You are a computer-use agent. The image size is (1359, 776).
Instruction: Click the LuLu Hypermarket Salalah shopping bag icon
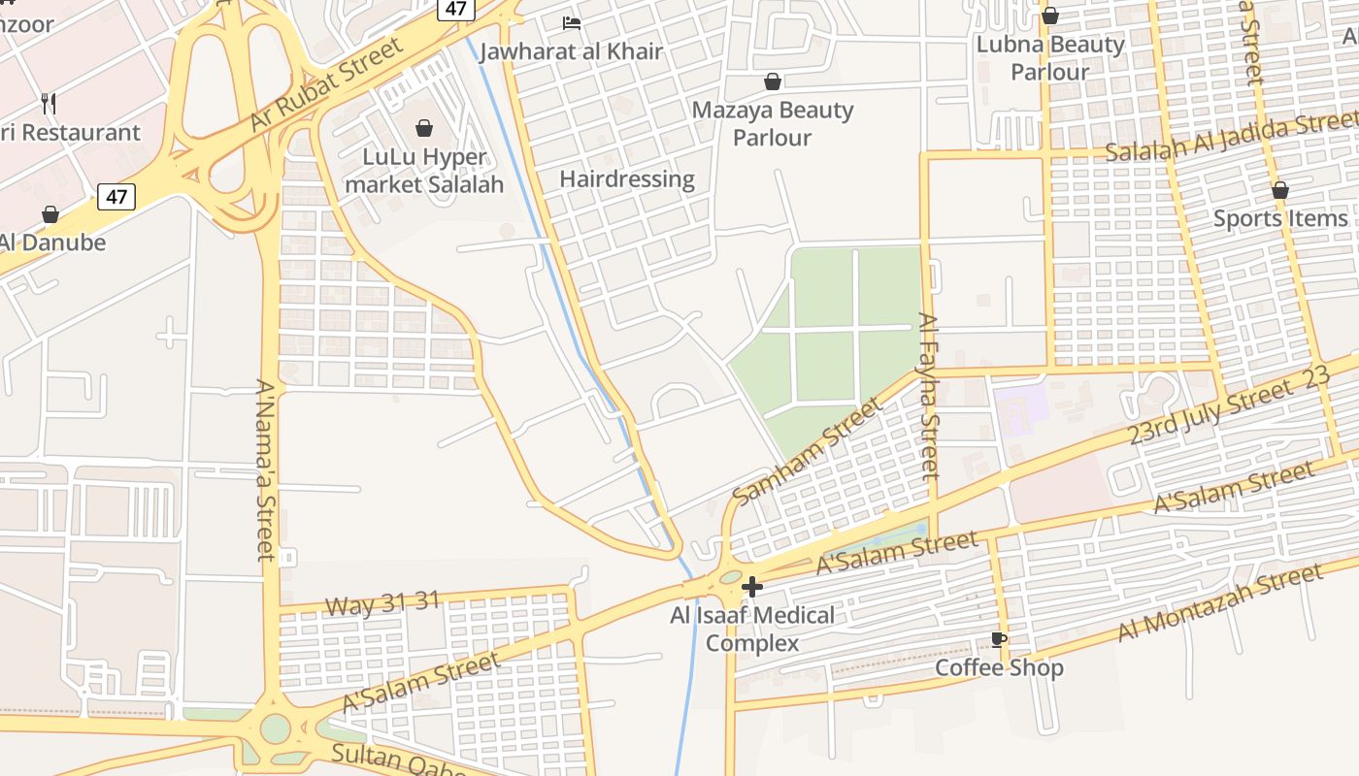[424, 128]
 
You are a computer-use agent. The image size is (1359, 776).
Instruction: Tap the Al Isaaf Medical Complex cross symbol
[751, 587]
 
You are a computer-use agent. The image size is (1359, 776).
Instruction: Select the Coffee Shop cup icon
[998, 639]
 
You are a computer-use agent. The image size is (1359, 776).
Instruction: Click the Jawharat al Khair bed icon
[572, 22]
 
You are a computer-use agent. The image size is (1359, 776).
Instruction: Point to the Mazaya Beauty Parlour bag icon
[773, 81]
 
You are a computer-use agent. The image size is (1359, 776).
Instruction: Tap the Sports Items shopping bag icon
[1280, 190]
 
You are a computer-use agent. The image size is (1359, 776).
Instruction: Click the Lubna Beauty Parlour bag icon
[1049, 16]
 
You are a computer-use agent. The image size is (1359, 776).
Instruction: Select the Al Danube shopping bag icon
[50, 214]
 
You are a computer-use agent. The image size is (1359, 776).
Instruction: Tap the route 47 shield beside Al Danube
[116, 197]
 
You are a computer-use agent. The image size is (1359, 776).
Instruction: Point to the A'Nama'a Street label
[265, 469]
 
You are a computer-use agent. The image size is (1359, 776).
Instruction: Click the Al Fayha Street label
[929, 396]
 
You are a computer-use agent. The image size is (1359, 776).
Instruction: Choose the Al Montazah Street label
[1220, 603]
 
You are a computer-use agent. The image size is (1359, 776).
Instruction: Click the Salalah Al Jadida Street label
[1231, 139]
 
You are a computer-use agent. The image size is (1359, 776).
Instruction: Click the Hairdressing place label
[627, 178]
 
